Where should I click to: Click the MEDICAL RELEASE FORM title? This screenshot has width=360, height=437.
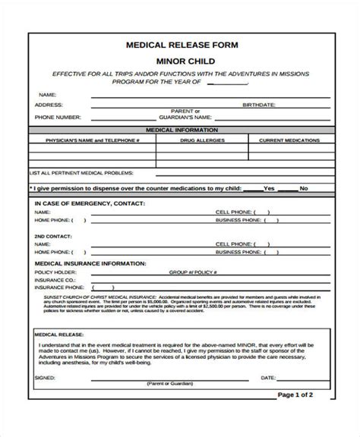(179, 45)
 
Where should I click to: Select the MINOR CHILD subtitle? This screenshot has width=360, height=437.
(180, 60)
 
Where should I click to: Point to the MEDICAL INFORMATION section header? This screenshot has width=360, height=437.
(180, 130)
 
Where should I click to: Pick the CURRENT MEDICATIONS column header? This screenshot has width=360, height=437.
(289, 140)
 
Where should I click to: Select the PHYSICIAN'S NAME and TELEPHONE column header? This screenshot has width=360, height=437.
(93, 140)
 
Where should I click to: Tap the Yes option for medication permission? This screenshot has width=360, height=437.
(269, 187)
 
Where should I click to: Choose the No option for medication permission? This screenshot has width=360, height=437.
(304, 187)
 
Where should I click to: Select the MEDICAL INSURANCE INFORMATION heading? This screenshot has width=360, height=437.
(90, 263)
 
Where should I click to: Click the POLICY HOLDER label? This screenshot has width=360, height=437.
(52, 271)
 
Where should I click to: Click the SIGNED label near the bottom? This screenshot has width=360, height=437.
(45, 378)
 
